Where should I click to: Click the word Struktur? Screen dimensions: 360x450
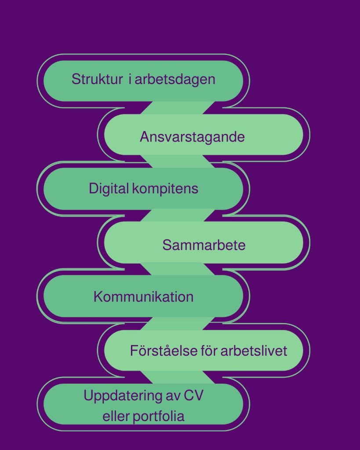[97, 79]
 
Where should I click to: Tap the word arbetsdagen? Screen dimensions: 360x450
[175, 80]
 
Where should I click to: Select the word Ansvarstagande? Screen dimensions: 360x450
[192, 137]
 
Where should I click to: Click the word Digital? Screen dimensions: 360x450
[109, 189]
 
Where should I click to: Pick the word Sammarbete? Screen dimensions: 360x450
[204, 245]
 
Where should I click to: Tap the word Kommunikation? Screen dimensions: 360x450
[143, 297]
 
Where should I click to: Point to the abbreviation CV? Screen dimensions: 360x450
[193, 396]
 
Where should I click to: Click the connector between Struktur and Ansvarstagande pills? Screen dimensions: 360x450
[178, 108]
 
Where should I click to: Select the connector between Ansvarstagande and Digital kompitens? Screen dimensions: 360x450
[178, 161]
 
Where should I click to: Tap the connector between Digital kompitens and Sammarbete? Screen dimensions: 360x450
[178, 215]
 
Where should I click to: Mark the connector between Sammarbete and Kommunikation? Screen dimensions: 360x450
[178, 269]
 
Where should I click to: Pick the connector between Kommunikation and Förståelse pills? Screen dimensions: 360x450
[178, 323]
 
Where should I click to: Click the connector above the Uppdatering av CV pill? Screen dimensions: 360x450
[178, 377]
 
